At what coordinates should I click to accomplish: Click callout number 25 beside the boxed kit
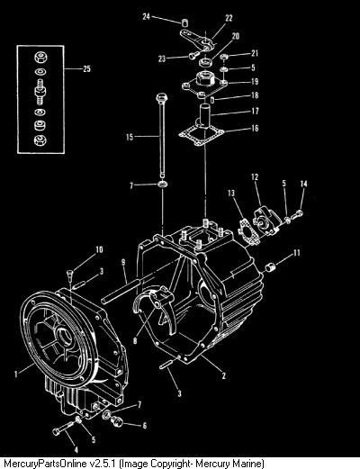pyautogui.click(x=86, y=68)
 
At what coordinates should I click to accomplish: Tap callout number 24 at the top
pyautogui.click(x=146, y=16)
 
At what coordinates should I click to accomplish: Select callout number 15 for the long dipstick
pyautogui.click(x=130, y=137)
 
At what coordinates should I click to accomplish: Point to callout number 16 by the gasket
pyautogui.click(x=255, y=129)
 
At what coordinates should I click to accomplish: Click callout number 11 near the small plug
pyautogui.click(x=296, y=253)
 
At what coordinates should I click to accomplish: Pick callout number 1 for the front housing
pyautogui.click(x=16, y=374)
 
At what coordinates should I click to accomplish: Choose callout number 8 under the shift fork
pyautogui.click(x=135, y=340)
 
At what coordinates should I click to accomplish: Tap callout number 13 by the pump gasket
pyautogui.click(x=231, y=193)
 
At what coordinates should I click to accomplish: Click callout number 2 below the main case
pyautogui.click(x=223, y=375)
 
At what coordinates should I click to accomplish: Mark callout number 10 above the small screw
pyautogui.click(x=99, y=249)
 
